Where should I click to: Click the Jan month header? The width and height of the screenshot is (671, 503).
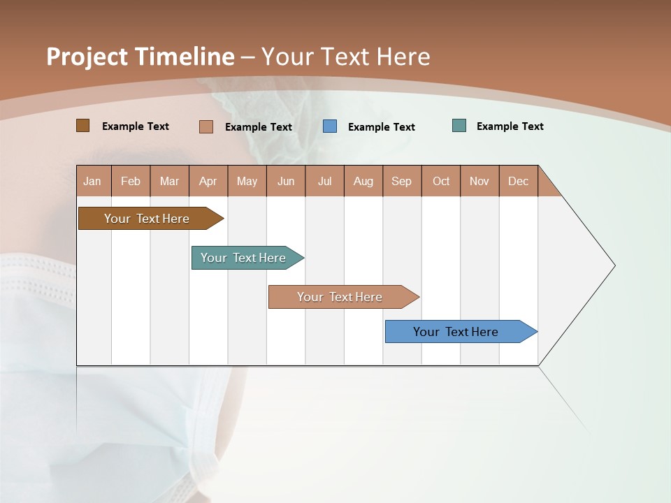point(92,181)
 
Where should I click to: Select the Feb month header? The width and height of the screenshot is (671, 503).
point(131,181)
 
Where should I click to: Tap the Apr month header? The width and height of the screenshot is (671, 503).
point(208,181)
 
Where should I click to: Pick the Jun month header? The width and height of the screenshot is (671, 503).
point(286,181)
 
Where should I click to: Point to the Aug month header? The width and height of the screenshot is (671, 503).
point(363,181)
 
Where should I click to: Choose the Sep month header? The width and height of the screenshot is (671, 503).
point(402,181)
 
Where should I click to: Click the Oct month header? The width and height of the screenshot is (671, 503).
point(441,181)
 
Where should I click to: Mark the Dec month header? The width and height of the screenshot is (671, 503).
point(519,181)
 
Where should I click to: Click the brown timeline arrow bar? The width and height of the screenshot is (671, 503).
point(147,219)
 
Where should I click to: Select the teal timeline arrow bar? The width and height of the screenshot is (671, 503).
point(243,258)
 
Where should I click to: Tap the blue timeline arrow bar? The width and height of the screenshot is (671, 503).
point(456,332)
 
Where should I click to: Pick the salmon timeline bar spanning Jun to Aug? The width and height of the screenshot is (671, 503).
point(340,297)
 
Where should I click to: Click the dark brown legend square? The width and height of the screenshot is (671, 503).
point(83,126)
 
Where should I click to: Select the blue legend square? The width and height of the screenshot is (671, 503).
point(330,126)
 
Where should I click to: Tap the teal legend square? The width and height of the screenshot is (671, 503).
point(459,126)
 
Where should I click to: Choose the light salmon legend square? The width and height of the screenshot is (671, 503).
point(206,126)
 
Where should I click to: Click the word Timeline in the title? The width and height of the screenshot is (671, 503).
point(184,57)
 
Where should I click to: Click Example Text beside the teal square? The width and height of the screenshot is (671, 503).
point(510,126)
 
